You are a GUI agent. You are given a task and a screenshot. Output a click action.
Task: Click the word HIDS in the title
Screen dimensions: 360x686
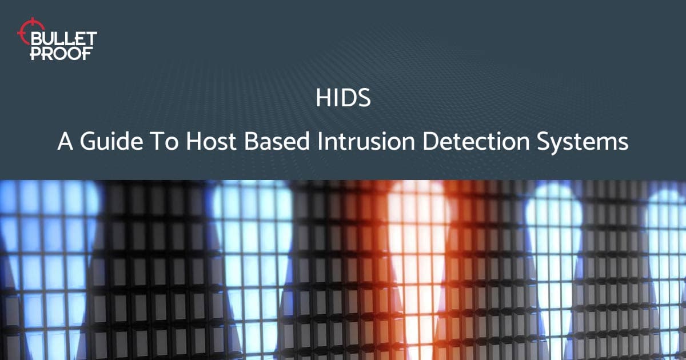(343, 98)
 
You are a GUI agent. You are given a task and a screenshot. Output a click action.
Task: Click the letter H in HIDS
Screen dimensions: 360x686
(321, 98)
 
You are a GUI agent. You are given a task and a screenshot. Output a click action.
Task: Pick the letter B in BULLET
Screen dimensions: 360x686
(36, 39)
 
